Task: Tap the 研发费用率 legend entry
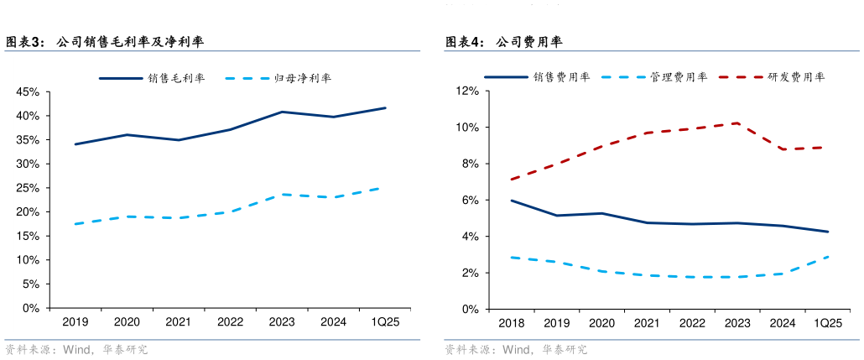pyautogui.click(x=798, y=76)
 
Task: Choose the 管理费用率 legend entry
pyautogui.click(x=679, y=76)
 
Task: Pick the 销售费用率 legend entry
pyautogui.click(x=561, y=76)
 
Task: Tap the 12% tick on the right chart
pyautogui.click(x=467, y=91)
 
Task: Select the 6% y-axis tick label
pyautogui.click(x=470, y=200)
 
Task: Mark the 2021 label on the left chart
pyautogui.click(x=178, y=321)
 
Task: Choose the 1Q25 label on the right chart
pyautogui.click(x=828, y=323)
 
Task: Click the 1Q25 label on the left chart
pyautogui.click(x=385, y=321)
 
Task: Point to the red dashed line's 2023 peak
pyautogui.click(x=736, y=123)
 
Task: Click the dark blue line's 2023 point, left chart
pyautogui.click(x=282, y=112)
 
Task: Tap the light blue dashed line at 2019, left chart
pyautogui.click(x=75, y=224)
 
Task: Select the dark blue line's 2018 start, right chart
pyautogui.click(x=510, y=201)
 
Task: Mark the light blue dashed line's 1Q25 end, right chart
pyautogui.click(x=828, y=257)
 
